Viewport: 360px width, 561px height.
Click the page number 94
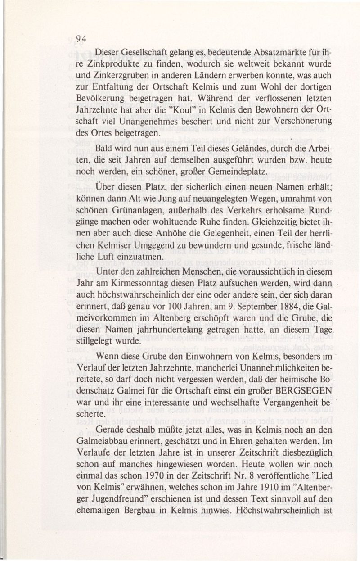tap(81, 38)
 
